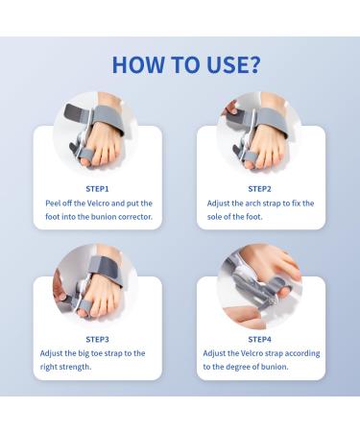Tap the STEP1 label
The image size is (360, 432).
tap(97, 189)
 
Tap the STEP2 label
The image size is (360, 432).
tap(259, 189)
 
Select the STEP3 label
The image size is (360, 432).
tap(97, 339)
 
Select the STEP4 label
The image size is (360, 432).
tap(259, 339)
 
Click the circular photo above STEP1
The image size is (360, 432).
tap(97, 135)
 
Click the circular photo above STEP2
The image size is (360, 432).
tap(259, 135)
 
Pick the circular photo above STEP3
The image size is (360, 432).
tap(97, 285)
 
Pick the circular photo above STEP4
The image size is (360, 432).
tap(259, 285)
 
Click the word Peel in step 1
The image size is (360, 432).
tap(54, 204)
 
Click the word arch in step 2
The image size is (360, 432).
tap(253, 204)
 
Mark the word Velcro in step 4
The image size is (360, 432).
tap(253, 353)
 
